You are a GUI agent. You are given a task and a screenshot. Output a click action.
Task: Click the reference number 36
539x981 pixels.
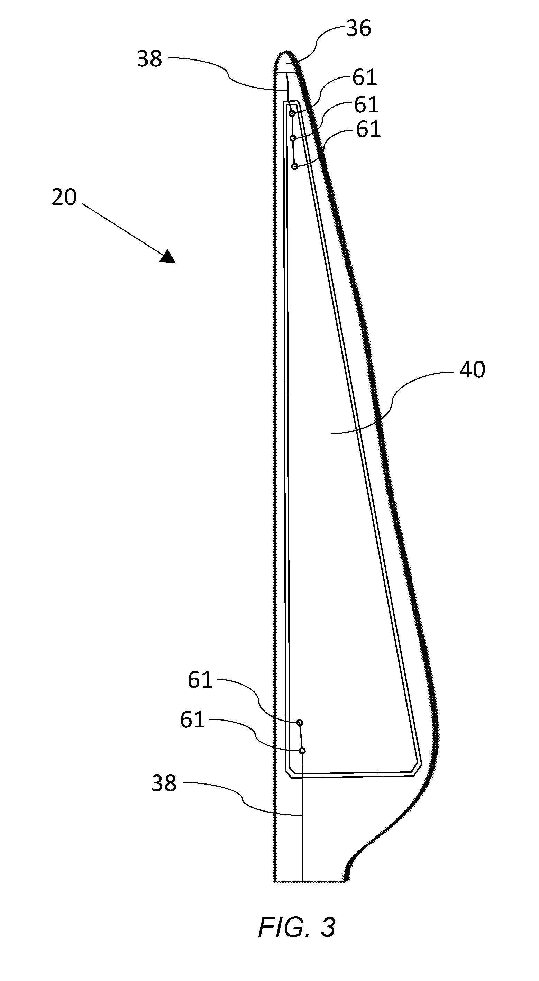point(358,29)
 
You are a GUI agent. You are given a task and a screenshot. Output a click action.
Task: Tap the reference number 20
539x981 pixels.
point(64,197)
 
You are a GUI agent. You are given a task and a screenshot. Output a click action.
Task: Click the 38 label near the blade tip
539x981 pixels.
point(149,59)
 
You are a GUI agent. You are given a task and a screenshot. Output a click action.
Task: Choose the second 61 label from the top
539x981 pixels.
point(366,105)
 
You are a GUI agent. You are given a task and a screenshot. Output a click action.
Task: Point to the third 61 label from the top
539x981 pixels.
point(368,129)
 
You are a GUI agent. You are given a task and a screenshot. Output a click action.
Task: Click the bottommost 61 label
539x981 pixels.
point(192,720)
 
